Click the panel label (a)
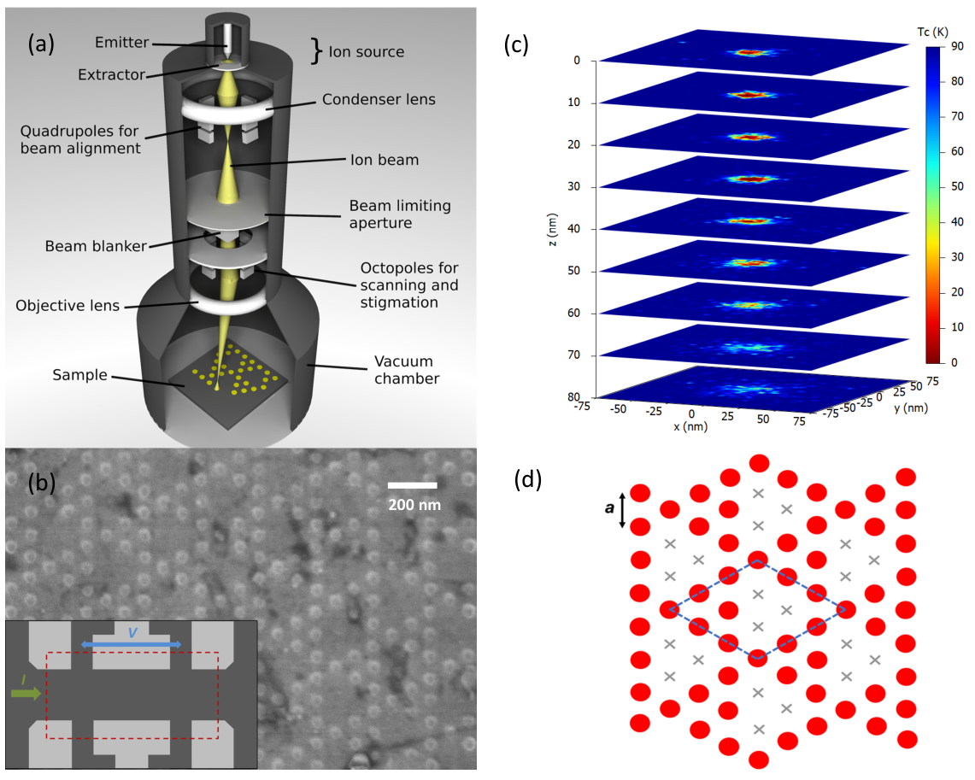41,44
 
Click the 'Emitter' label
122,42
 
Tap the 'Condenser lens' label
379,99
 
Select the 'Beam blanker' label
96,246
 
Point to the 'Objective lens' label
68,306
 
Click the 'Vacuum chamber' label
407,370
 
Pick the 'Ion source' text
367,51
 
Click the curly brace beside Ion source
317,51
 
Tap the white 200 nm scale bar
412,485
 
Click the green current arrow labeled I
26,692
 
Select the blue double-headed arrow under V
132,644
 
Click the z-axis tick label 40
573,229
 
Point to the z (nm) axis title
553,229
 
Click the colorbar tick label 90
957,46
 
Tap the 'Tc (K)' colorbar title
932,32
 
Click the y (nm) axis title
911,408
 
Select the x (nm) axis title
690,427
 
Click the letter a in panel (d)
609,507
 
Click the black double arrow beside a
622,511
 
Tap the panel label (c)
516,44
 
